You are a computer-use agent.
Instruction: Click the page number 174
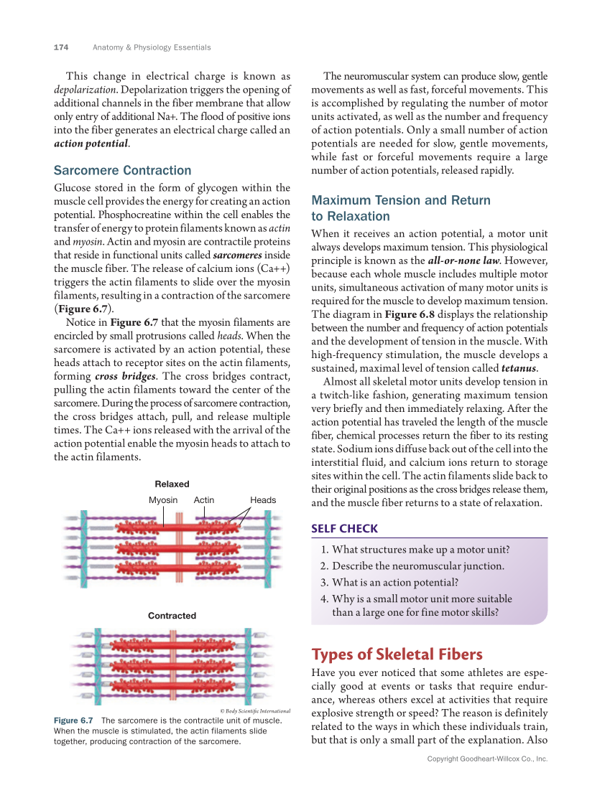click(x=61, y=47)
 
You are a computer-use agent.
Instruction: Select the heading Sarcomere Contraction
click(x=122, y=171)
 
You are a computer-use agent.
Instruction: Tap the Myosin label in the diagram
click(x=163, y=500)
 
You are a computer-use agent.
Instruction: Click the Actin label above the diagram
click(x=204, y=500)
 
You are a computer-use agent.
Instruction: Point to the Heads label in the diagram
click(x=263, y=500)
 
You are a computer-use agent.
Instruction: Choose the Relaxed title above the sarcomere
click(x=172, y=484)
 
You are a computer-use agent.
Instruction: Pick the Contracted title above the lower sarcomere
click(x=172, y=616)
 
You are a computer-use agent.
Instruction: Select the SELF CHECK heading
click(x=344, y=529)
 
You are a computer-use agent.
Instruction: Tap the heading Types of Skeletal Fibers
click(x=397, y=654)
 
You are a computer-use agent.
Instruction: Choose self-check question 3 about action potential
click(x=389, y=582)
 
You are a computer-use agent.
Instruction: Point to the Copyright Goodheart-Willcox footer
click(x=487, y=759)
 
